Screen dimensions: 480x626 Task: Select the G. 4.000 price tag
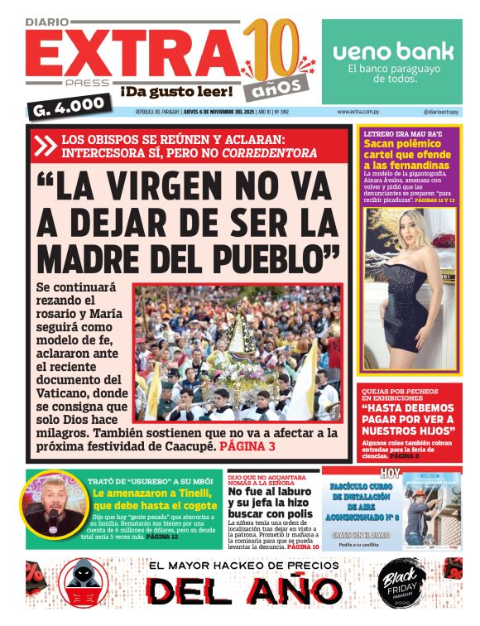tap(70, 106)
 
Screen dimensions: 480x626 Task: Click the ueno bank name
tap(393, 51)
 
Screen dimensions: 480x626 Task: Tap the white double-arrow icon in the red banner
tap(45, 146)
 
